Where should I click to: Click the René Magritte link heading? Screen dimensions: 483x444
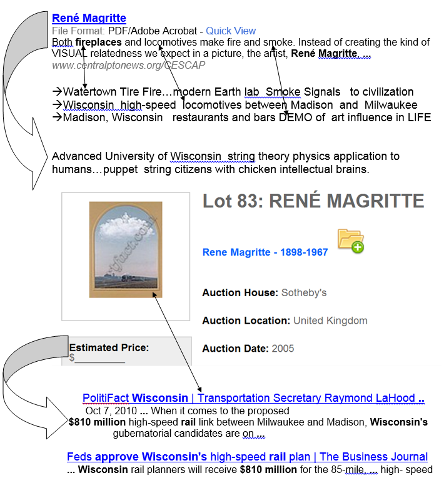[89, 18]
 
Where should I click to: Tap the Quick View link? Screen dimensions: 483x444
[231, 31]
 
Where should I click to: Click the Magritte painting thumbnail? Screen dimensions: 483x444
[126, 249]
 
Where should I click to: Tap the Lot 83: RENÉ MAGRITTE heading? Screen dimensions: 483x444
[313, 201]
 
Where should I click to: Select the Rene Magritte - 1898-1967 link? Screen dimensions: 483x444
[265, 252]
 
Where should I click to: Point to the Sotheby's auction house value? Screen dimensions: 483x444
[304, 292]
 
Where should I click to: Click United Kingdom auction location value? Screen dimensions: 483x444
[330, 321]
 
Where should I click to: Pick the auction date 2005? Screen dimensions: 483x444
[283, 348]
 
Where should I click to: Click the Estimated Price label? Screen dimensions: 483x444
[109, 347]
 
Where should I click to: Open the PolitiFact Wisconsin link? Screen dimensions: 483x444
[253, 398]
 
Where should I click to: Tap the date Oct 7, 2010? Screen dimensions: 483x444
[111, 411]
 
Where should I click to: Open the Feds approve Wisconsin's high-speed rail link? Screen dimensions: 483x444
[247, 457]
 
